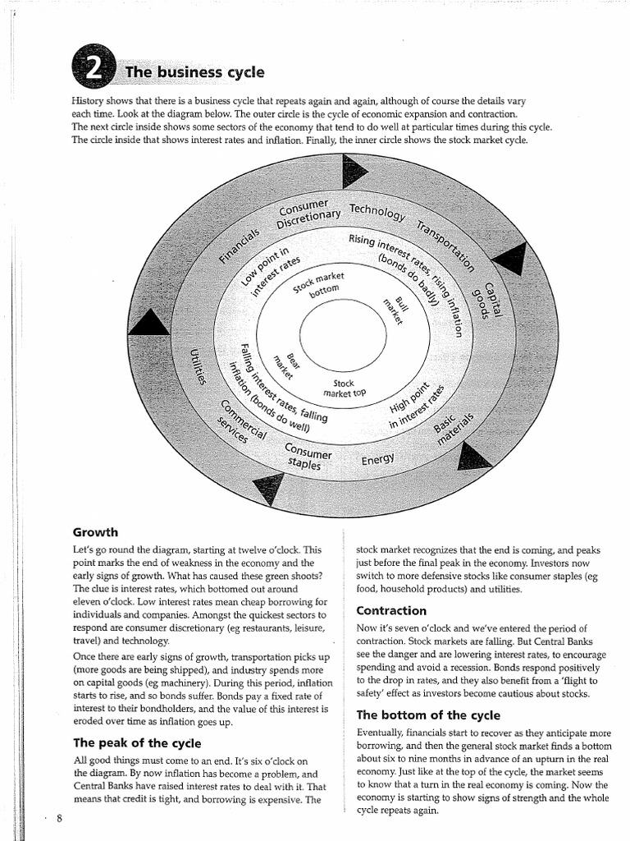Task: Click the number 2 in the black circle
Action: click(x=94, y=66)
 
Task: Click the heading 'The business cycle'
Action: click(x=194, y=72)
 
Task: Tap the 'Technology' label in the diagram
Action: click(x=377, y=213)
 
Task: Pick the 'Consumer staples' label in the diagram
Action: click(x=307, y=457)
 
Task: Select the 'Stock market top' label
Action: click(x=344, y=388)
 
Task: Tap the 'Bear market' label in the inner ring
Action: click(x=285, y=363)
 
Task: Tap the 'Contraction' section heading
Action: click(x=391, y=610)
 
